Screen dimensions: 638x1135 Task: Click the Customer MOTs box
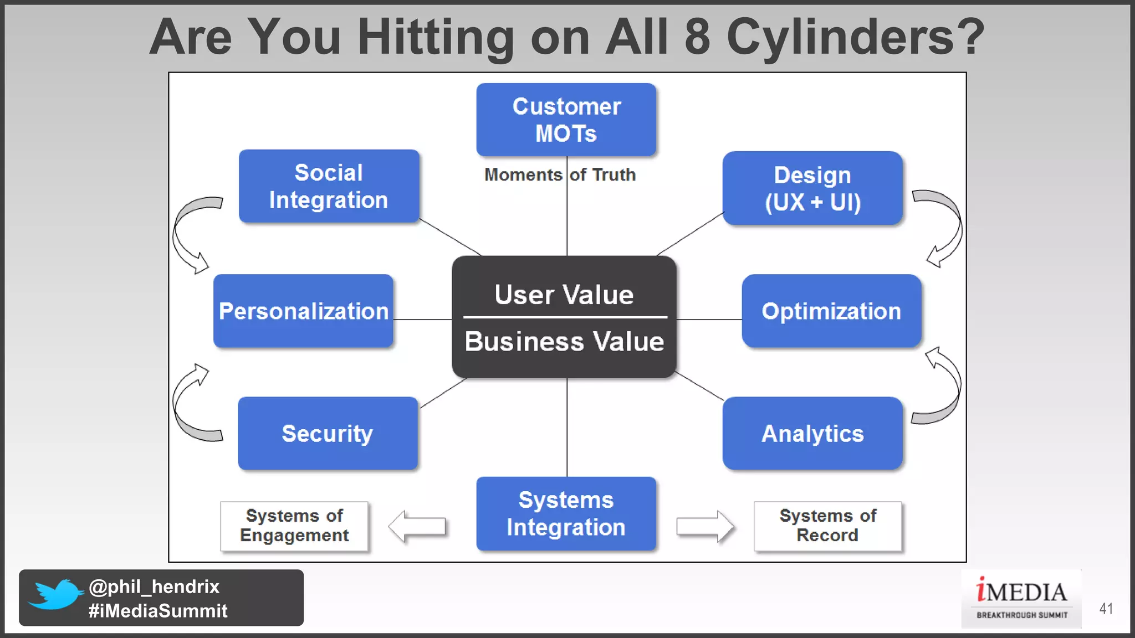[566, 120]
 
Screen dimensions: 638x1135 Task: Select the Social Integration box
[329, 186]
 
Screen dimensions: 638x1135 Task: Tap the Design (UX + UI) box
[812, 188]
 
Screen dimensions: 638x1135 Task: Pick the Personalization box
[303, 311]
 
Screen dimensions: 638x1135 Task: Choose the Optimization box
[831, 311]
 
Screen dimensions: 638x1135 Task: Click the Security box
[328, 433]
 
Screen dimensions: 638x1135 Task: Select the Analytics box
[812, 433]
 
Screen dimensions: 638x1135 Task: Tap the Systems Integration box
[566, 513]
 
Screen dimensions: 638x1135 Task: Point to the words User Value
[564, 295]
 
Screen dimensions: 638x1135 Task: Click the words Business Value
[564, 341]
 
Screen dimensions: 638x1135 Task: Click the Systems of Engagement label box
[294, 526]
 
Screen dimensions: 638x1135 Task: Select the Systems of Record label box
[827, 526]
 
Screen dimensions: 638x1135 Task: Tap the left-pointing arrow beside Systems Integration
[417, 526]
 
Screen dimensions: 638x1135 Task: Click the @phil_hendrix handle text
[154, 586]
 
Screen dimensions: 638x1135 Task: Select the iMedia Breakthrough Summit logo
[1021, 599]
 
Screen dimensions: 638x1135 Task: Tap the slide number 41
[1106, 609]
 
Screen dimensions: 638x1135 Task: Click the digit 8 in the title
[697, 37]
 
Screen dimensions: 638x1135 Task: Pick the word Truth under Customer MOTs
[613, 175]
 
